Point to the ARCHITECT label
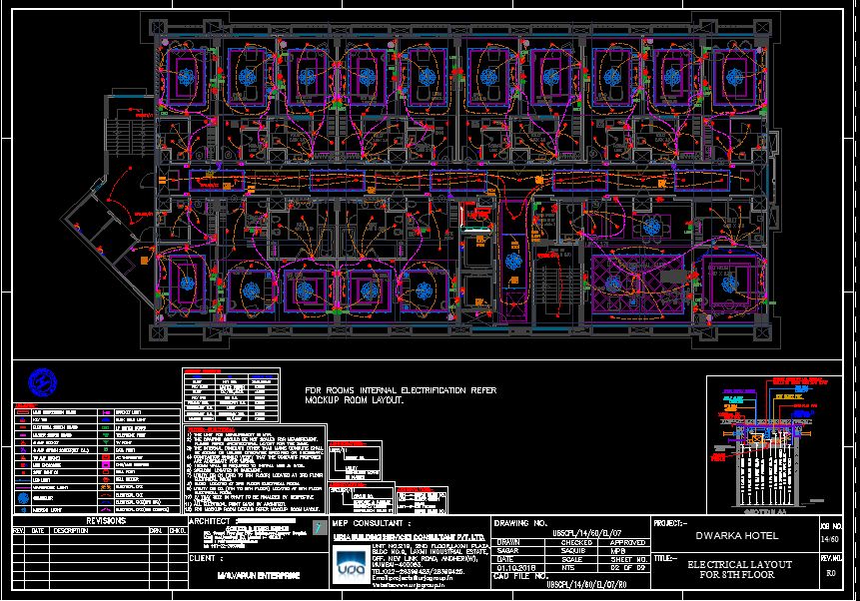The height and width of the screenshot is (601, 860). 210,521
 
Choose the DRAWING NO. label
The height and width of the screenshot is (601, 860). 521,522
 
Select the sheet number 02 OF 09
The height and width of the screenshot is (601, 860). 621,567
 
